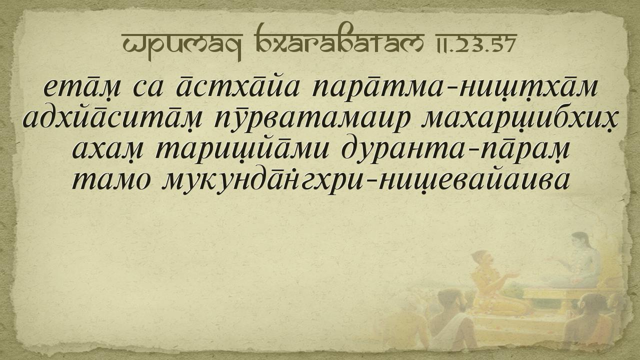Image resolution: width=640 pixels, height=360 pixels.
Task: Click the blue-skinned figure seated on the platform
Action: pos(577,263)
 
